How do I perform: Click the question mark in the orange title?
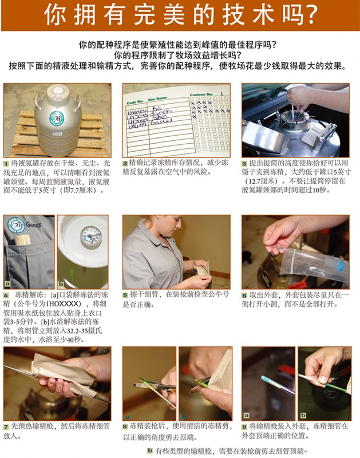point(309,15)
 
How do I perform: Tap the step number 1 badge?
point(6,164)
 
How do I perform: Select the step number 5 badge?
point(125,295)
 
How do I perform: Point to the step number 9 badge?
point(244,427)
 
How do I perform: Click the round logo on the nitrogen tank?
point(56,119)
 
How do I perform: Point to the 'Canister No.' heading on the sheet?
point(201,94)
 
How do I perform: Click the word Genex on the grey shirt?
point(34,225)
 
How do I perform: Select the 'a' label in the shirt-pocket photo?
point(7,283)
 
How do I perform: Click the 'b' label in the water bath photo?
point(61,283)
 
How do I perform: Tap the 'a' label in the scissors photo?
point(127,417)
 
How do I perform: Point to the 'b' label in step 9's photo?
point(303,415)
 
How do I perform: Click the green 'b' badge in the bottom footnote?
point(150,451)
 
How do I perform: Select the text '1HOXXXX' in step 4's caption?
point(61,304)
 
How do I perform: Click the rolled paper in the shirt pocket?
point(22,240)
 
